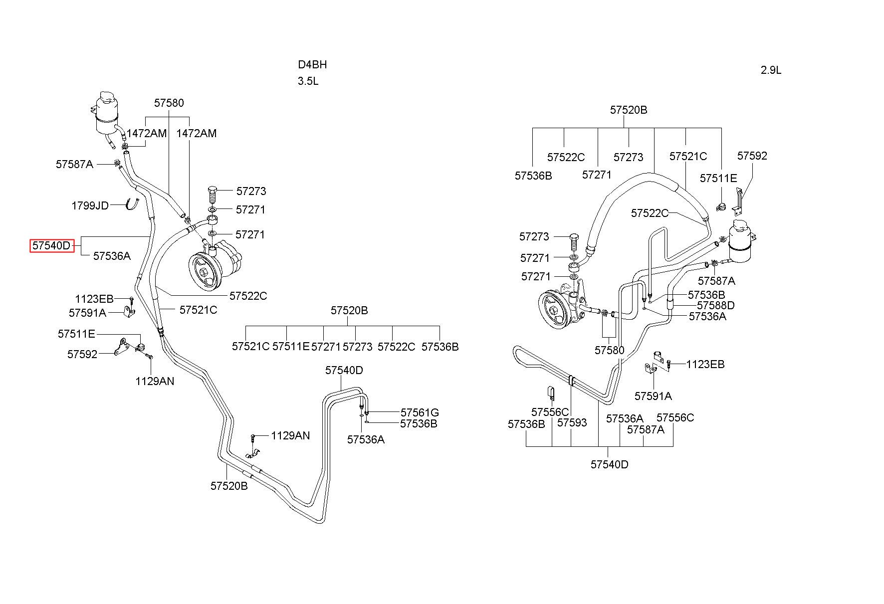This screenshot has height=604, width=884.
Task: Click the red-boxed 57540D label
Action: coord(52,246)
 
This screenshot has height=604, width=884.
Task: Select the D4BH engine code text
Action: coord(312,64)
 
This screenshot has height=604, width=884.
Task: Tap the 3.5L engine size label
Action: coord(308,81)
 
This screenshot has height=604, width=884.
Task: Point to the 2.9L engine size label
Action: coord(771,70)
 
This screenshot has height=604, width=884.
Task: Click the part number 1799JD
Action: coord(90,205)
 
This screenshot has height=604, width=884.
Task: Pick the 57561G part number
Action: coord(420,412)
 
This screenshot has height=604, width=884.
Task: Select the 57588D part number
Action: coord(715,305)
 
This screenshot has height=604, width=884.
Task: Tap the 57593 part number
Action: coord(572,422)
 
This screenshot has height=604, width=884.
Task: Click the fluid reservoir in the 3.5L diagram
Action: coord(106,114)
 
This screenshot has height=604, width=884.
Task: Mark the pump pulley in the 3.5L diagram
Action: coord(206,273)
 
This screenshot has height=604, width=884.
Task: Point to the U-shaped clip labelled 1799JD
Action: coord(132,203)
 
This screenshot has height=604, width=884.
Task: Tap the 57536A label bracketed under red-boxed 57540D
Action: coord(112,256)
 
